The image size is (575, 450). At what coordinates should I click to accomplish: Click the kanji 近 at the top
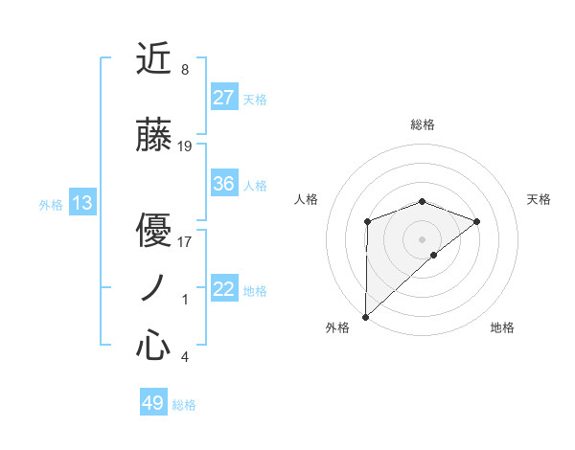click(153, 60)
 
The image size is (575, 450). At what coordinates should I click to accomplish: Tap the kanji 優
click(153, 232)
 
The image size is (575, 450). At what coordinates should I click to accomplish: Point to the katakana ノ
click(153, 288)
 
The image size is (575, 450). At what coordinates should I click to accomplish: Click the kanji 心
click(153, 346)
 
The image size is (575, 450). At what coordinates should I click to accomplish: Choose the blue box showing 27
click(224, 97)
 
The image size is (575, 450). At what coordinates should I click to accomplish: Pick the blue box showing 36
click(224, 184)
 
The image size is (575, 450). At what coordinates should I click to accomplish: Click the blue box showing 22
click(224, 289)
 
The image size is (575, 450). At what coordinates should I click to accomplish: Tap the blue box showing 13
click(82, 203)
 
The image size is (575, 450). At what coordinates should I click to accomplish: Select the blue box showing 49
click(153, 403)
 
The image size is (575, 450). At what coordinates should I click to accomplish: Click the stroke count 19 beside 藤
click(185, 146)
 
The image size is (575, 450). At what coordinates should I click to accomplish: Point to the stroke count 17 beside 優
click(185, 241)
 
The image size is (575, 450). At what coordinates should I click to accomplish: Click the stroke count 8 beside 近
click(184, 70)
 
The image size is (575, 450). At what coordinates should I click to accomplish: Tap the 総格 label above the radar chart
click(422, 124)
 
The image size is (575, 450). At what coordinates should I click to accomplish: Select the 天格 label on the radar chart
click(539, 199)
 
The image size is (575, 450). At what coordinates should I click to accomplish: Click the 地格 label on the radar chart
click(502, 327)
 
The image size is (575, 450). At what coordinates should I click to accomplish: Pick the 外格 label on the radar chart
click(337, 327)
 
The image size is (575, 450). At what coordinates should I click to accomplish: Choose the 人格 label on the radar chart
click(306, 199)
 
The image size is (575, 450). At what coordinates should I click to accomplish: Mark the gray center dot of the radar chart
click(422, 238)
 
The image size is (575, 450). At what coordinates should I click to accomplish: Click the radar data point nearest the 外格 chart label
click(365, 316)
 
